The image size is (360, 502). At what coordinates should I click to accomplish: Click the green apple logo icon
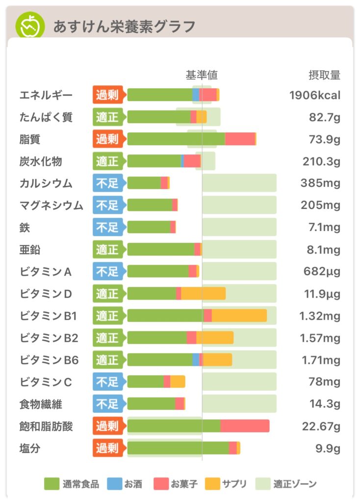tap(29, 25)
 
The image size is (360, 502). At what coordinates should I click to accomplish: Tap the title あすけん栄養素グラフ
tap(124, 26)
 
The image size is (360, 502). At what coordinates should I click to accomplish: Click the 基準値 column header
tap(201, 75)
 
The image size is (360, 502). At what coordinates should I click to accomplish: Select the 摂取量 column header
tap(324, 75)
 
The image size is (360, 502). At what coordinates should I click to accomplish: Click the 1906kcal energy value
tap(314, 95)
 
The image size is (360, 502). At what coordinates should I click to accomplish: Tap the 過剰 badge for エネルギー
tap(107, 95)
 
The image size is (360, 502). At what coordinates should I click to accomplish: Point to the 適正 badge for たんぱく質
tap(107, 117)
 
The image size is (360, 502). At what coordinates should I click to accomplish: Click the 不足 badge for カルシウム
tap(107, 183)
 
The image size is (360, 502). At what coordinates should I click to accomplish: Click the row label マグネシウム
tap(51, 205)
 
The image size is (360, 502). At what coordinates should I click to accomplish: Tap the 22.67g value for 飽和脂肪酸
tap(321, 427)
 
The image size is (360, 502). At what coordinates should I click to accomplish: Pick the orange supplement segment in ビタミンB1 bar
tap(239, 316)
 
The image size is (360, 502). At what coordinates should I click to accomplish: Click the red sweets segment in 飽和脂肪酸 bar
tap(244, 426)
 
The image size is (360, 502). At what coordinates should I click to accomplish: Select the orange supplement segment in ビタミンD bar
tap(203, 294)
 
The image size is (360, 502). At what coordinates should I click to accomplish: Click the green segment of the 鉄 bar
tap(149, 227)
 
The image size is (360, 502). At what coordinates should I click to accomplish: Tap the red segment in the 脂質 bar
tap(240, 139)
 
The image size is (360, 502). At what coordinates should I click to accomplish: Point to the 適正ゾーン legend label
tap(295, 484)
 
